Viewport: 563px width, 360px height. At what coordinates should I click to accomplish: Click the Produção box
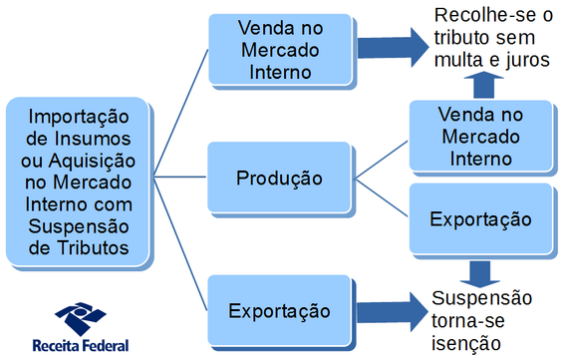point(279,180)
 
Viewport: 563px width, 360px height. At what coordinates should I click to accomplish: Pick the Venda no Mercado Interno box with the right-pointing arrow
point(279,47)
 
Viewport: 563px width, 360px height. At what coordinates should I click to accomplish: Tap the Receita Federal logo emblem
point(80,317)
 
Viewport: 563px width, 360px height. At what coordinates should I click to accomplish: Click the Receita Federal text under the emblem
point(80,346)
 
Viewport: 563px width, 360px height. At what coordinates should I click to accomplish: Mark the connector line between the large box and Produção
point(181,180)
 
